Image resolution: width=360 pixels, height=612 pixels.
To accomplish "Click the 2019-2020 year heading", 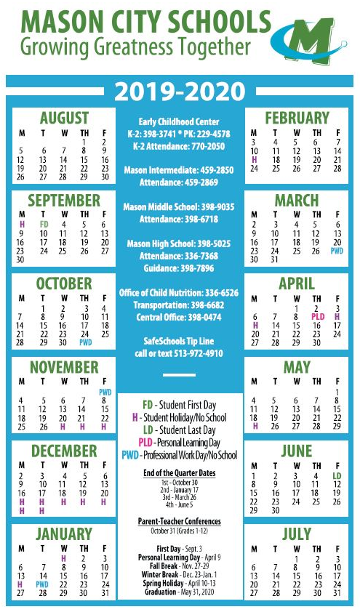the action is (x=180, y=92).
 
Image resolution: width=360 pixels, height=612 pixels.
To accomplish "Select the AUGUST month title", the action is (x=64, y=118).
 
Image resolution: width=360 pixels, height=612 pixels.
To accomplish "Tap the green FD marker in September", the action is (x=44, y=225).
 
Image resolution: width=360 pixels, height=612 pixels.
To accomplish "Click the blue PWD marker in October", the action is (x=85, y=342).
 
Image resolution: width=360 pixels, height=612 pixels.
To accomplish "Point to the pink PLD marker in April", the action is (x=317, y=317).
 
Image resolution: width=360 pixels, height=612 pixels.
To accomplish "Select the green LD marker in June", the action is (x=337, y=476).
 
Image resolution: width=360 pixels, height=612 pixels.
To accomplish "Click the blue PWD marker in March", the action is (x=337, y=251).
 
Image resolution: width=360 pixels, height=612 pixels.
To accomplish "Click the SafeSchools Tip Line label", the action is (x=180, y=342).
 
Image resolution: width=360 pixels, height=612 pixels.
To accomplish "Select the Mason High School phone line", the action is (x=180, y=243).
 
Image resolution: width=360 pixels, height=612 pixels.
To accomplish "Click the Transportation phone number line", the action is (x=180, y=305).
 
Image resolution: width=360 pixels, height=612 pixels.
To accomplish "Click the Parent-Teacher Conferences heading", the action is (x=180, y=522).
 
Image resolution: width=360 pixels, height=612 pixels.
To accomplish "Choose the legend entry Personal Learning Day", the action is (x=180, y=442).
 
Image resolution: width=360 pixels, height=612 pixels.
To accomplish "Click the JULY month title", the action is (x=297, y=535).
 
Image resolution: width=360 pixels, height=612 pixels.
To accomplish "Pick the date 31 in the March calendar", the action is (x=275, y=259).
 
